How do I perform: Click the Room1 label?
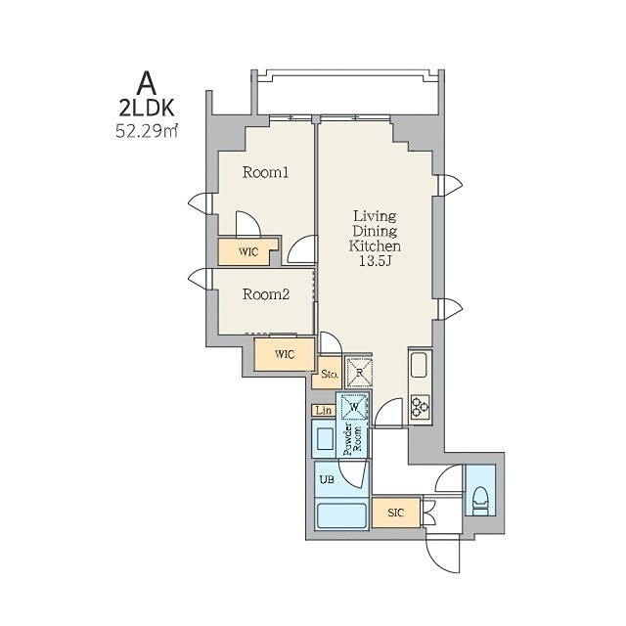(265, 172)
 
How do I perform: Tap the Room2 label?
(266, 294)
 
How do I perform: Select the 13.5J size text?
(375, 261)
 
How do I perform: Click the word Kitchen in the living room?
(375, 246)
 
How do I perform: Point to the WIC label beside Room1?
(248, 252)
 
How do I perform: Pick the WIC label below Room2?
(285, 354)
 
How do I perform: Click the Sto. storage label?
(330, 375)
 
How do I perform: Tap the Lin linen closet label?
(324, 411)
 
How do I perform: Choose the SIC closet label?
(395, 513)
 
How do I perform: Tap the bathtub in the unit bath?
(341, 515)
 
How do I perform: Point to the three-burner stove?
(420, 407)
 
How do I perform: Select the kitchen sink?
(420, 365)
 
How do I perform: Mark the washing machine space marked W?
(354, 407)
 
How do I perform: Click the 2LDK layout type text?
(148, 108)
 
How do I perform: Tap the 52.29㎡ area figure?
(147, 131)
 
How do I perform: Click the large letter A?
(147, 84)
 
